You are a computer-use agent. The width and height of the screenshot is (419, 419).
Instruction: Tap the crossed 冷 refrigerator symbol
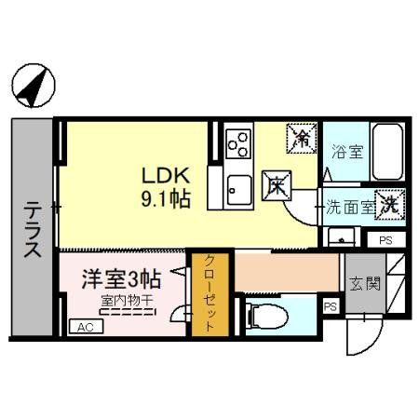(303, 140)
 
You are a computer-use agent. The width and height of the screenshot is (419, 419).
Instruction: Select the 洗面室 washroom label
(348, 208)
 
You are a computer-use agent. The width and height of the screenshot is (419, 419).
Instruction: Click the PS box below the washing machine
(385, 240)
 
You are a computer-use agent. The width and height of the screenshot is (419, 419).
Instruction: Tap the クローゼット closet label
(209, 293)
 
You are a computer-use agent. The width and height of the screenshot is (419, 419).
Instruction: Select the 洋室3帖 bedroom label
(122, 277)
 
